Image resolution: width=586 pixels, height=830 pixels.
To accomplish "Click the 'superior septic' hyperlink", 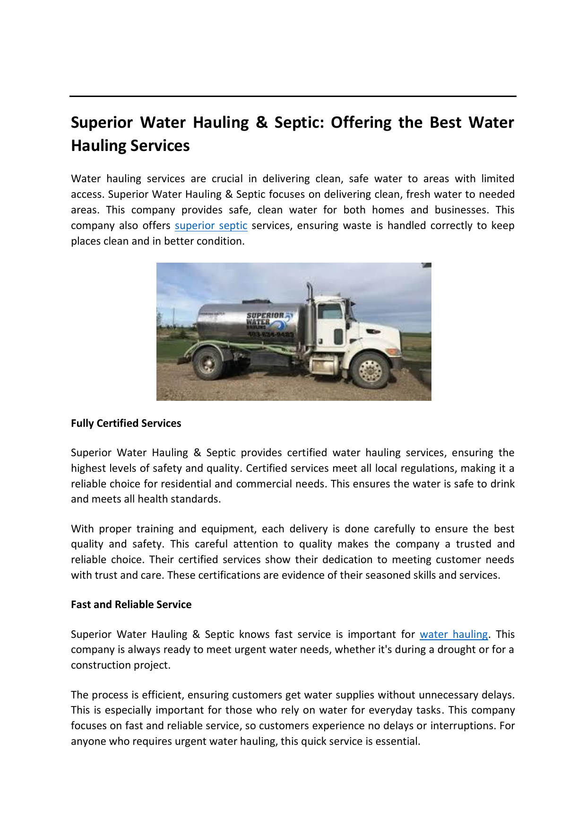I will click(211, 226).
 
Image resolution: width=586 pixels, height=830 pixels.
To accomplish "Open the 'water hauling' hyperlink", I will click(453, 635).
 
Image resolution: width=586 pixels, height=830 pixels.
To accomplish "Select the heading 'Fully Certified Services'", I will click(126, 424).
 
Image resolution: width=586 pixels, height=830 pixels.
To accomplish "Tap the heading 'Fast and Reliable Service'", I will click(131, 605).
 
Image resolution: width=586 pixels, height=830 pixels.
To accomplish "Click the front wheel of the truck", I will click(370, 370).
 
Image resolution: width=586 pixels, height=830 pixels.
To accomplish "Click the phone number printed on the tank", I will click(270, 335).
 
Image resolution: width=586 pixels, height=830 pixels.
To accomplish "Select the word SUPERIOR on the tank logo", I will click(265, 316).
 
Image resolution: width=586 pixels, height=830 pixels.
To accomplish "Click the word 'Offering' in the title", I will click(361, 123).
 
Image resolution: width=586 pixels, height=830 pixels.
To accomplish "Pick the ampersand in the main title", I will click(261, 123).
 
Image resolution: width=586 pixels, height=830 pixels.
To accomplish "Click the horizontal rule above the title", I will click(293, 97).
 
